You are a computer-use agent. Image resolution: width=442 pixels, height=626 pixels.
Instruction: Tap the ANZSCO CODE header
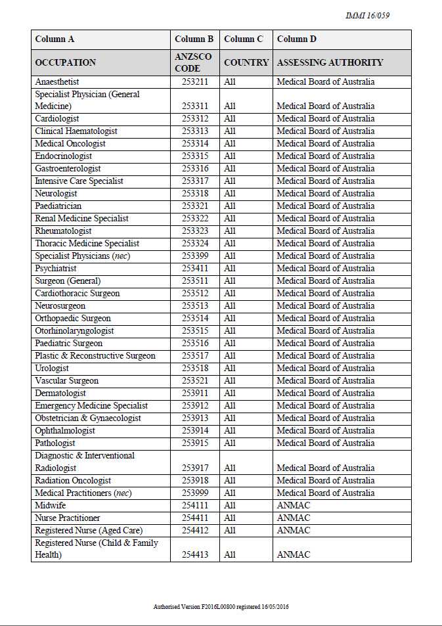193,62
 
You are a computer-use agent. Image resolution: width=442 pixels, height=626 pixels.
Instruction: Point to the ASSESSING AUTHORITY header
330,62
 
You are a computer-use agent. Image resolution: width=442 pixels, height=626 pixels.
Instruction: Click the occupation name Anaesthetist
57,82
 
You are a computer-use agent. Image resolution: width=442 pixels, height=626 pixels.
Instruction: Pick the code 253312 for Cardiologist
195,119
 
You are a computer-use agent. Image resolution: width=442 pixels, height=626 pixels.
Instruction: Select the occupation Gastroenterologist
68,169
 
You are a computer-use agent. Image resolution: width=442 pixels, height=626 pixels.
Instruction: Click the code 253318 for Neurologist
195,194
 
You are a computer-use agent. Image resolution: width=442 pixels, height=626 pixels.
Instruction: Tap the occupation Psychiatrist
56,269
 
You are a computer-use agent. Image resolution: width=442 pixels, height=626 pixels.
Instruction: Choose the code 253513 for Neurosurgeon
195,306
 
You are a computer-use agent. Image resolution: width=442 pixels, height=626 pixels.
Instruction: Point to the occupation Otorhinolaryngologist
74,331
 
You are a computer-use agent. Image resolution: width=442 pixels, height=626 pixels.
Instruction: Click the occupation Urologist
52,369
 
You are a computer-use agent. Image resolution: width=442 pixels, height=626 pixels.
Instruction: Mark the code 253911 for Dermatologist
195,393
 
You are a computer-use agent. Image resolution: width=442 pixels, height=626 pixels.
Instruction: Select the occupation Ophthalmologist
65,431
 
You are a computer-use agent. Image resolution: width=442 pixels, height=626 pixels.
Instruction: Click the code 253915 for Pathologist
195,443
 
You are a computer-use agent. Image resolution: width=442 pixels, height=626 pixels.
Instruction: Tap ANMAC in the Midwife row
293,506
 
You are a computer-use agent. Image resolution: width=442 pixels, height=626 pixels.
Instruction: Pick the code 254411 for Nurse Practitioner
195,518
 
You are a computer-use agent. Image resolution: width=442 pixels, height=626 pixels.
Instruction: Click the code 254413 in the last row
195,555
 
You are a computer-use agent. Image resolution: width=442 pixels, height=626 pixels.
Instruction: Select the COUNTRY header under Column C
246,62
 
